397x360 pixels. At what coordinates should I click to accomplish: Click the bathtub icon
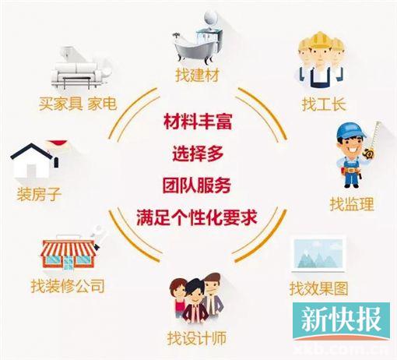coord(192,49)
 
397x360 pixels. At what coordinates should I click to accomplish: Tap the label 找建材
coord(197,76)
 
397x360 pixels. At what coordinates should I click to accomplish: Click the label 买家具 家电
coord(78,104)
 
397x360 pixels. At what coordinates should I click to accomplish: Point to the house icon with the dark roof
coord(34,161)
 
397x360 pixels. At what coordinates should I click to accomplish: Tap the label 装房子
coord(39,194)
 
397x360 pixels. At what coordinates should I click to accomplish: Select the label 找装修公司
coord(68,286)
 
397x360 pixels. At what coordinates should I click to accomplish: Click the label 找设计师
coord(197,338)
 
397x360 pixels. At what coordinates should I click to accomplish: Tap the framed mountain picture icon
coord(319,254)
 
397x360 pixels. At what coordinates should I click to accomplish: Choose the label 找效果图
coord(318,288)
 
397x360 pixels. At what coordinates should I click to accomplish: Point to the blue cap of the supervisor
coord(350,132)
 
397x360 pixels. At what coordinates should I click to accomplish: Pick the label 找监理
coord(352,204)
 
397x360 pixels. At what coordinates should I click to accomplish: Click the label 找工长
coord(324,104)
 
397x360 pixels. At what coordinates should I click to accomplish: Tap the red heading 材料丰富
coord(198,122)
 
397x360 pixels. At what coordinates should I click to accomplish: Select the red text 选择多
coord(198,154)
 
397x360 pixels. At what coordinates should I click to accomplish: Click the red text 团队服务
coord(197,185)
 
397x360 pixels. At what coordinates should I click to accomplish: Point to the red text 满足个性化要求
coord(197,217)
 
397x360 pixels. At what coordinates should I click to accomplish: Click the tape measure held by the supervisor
coord(373,142)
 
